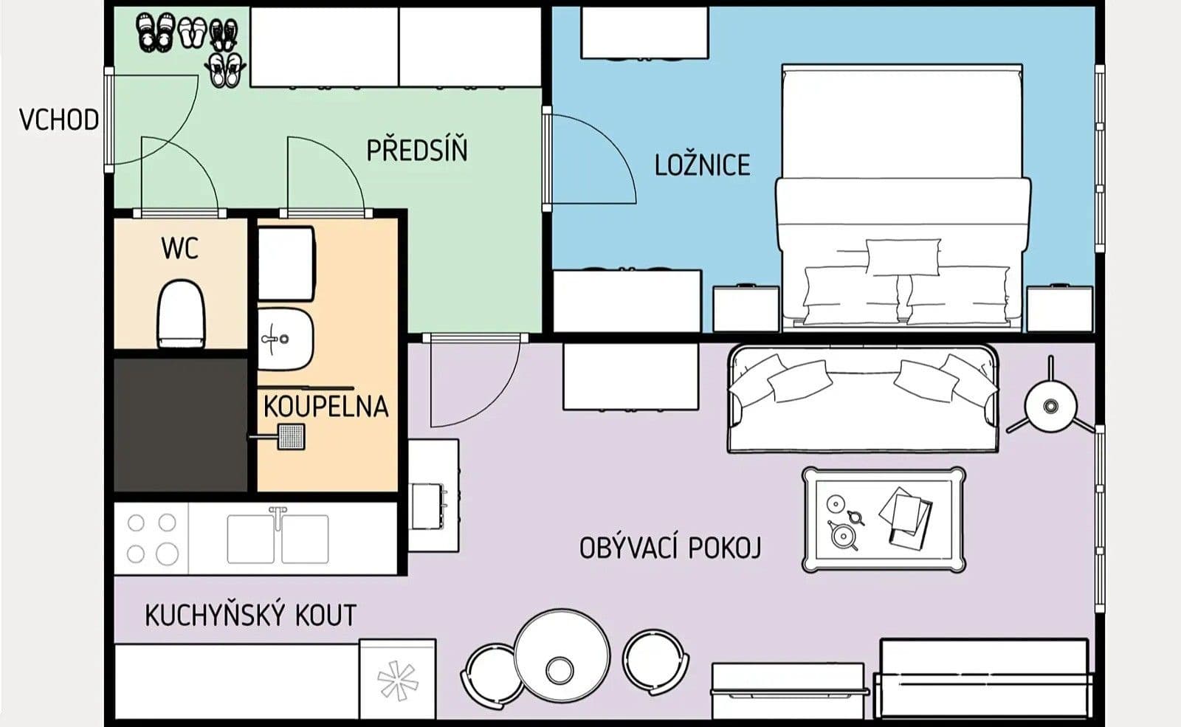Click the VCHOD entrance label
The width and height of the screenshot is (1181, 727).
click(x=58, y=119)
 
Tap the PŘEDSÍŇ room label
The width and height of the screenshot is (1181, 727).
click(x=417, y=151)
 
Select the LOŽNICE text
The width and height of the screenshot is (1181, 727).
click(x=702, y=165)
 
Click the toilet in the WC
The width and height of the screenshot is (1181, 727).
click(x=181, y=314)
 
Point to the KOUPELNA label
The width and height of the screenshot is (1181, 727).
click(x=326, y=407)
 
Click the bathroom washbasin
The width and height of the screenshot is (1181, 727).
click(x=285, y=340)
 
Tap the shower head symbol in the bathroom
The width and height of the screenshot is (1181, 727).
click(x=291, y=436)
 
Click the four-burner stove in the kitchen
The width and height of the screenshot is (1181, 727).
click(x=151, y=538)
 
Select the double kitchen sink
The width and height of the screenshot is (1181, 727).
click(x=278, y=539)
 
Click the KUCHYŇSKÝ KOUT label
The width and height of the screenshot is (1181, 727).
click(x=250, y=615)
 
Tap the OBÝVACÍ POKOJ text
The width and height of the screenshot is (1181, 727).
click(x=669, y=548)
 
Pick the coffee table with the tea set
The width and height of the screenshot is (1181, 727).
click(x=884, y=520)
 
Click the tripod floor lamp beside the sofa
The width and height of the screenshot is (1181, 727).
click(x=1049, y=405)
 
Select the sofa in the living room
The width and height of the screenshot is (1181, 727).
click(x=862, y=399)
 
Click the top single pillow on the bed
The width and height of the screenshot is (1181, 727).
click(x=903, y=257)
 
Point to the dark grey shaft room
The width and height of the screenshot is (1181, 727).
click(x=180, y=424)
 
